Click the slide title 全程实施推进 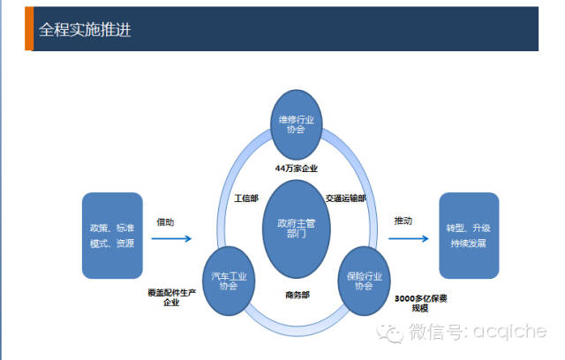click(x=86, y=29)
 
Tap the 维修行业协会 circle click(x=297, y=124)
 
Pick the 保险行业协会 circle click(x=365, y=281)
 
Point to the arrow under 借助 click(x=172, y=238)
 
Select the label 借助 click(x=166, y=221)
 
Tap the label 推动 click(x=403, y=221)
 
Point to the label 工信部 click(x=246, y=199)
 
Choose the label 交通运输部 click(x=345, y=199)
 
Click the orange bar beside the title click(x=28, y=29)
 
